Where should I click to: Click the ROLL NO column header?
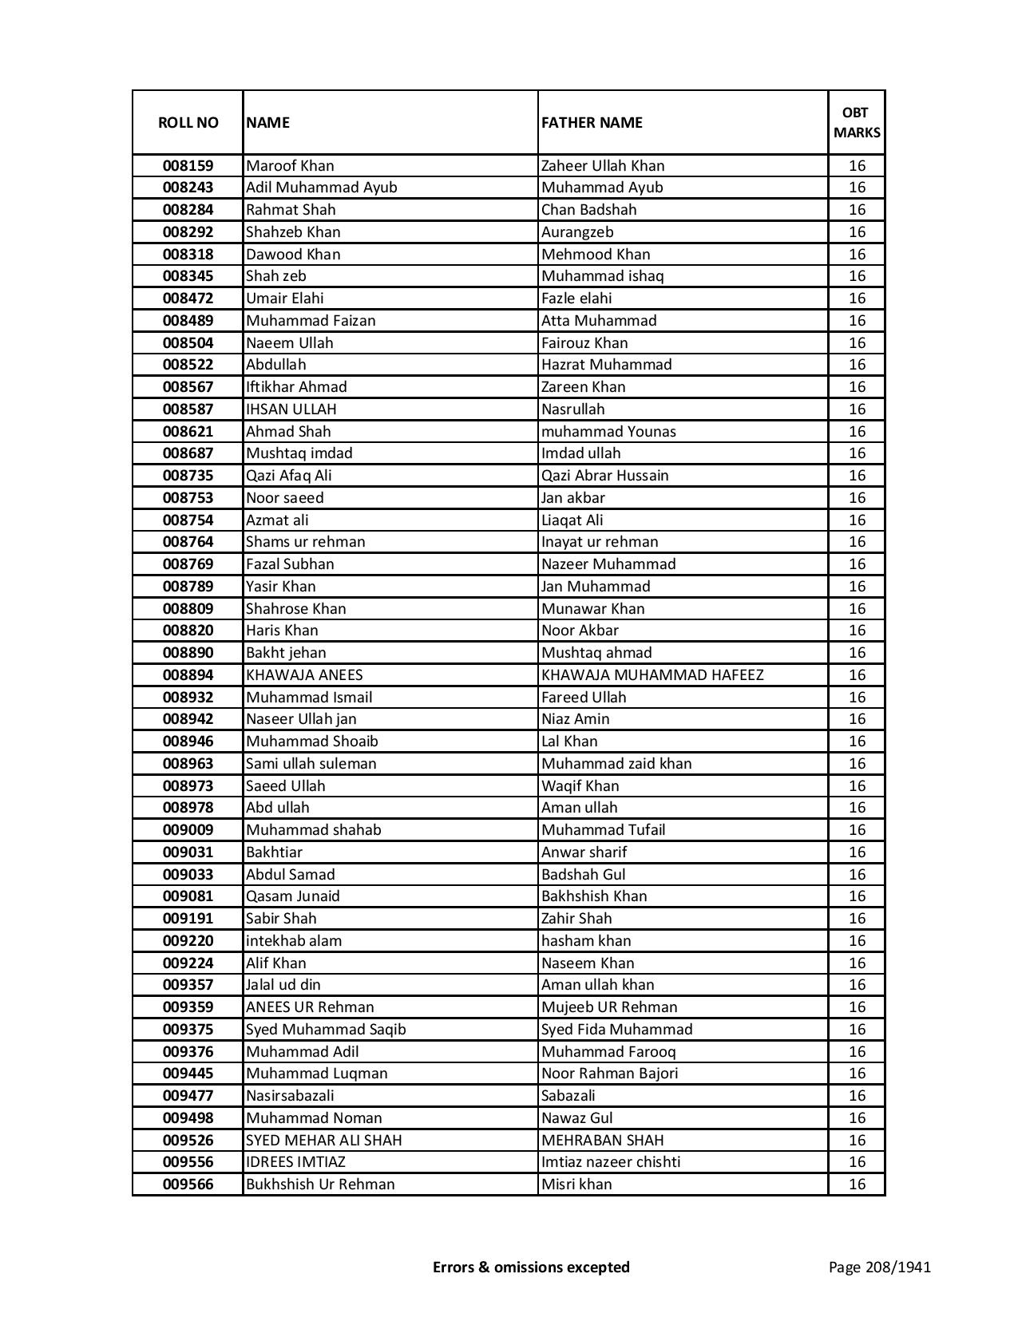pos(188,122)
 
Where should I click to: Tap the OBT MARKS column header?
pos(857,122)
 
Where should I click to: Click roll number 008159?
pos(188,166)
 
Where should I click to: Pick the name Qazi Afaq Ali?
pos(289,476)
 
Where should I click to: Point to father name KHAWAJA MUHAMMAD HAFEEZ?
pos(652,675)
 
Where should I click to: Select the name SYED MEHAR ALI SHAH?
pos(324,1141)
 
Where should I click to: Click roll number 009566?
pos(188,1185)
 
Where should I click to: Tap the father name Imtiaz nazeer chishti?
pos(611,1162)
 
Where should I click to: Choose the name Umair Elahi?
pos(285,299)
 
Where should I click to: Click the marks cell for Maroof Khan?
pos(857,166)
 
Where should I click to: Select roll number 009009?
pos(188,830)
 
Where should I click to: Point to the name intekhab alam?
pos(294,941)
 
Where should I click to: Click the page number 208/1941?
pos(880,1267)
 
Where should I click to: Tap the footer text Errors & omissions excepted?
pos(531,1267)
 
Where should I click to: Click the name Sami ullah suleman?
pos(311,764)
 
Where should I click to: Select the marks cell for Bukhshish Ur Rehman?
pos(857,1185)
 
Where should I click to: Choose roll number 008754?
pos(188,520)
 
